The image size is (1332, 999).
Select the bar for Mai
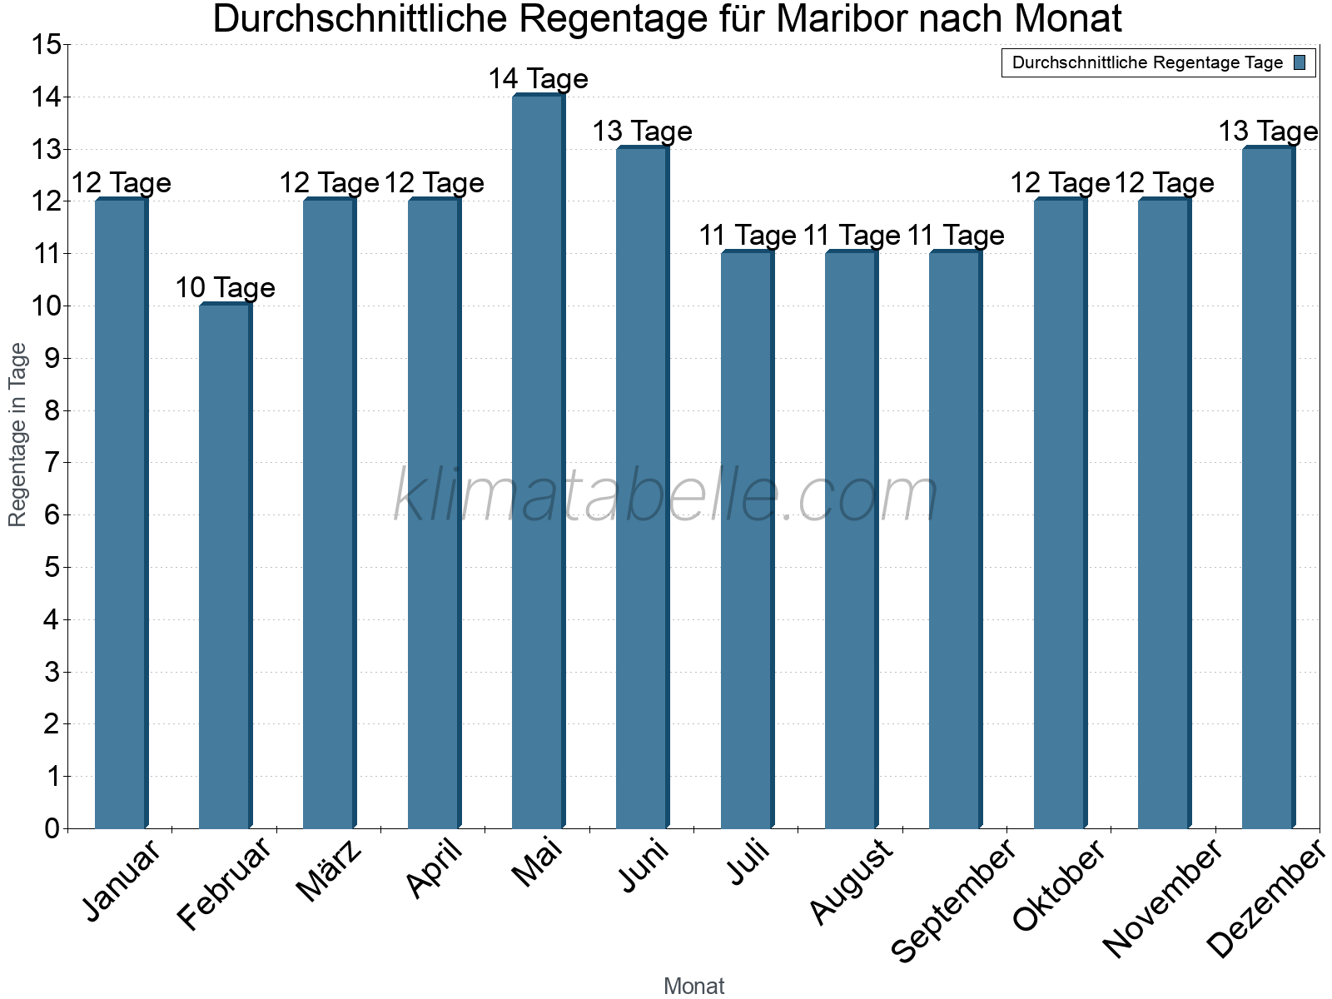pyautogui.click(x=538, y=462)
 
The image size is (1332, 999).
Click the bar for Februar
pyautogui.click(x=225, y=566)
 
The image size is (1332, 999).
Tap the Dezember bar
pyautogui.click(x=1268, y=487)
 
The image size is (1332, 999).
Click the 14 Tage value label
pyautogui.click(x=538, y=79)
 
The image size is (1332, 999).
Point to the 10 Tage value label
pyautogui.click(x=225, y=288)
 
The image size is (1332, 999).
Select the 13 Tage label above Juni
pyautogui.click(x=642, y=132)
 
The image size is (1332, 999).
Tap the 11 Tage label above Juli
pyautogui.click(x=747, y=236)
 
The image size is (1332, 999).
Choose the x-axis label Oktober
pyautogui.click(x=1059, y=885)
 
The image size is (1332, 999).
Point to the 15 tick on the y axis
pyautogui.click(x=46, y=45)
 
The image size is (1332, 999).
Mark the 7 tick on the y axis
pyautogui.click(x=52, y=463)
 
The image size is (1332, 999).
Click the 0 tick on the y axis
pyautogui.click(x=52, y=828)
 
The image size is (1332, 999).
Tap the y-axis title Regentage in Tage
pyautogui.click(x=18, y=435)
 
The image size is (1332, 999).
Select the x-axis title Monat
pyautogui.click(x=693, y=987)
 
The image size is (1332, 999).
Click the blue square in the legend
pyautogui.click(x=1300, y=62)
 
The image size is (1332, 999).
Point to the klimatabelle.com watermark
pyautogui.click(x=666, y=495)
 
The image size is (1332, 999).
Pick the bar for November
pyautogui.click(x=1164, y=514)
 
